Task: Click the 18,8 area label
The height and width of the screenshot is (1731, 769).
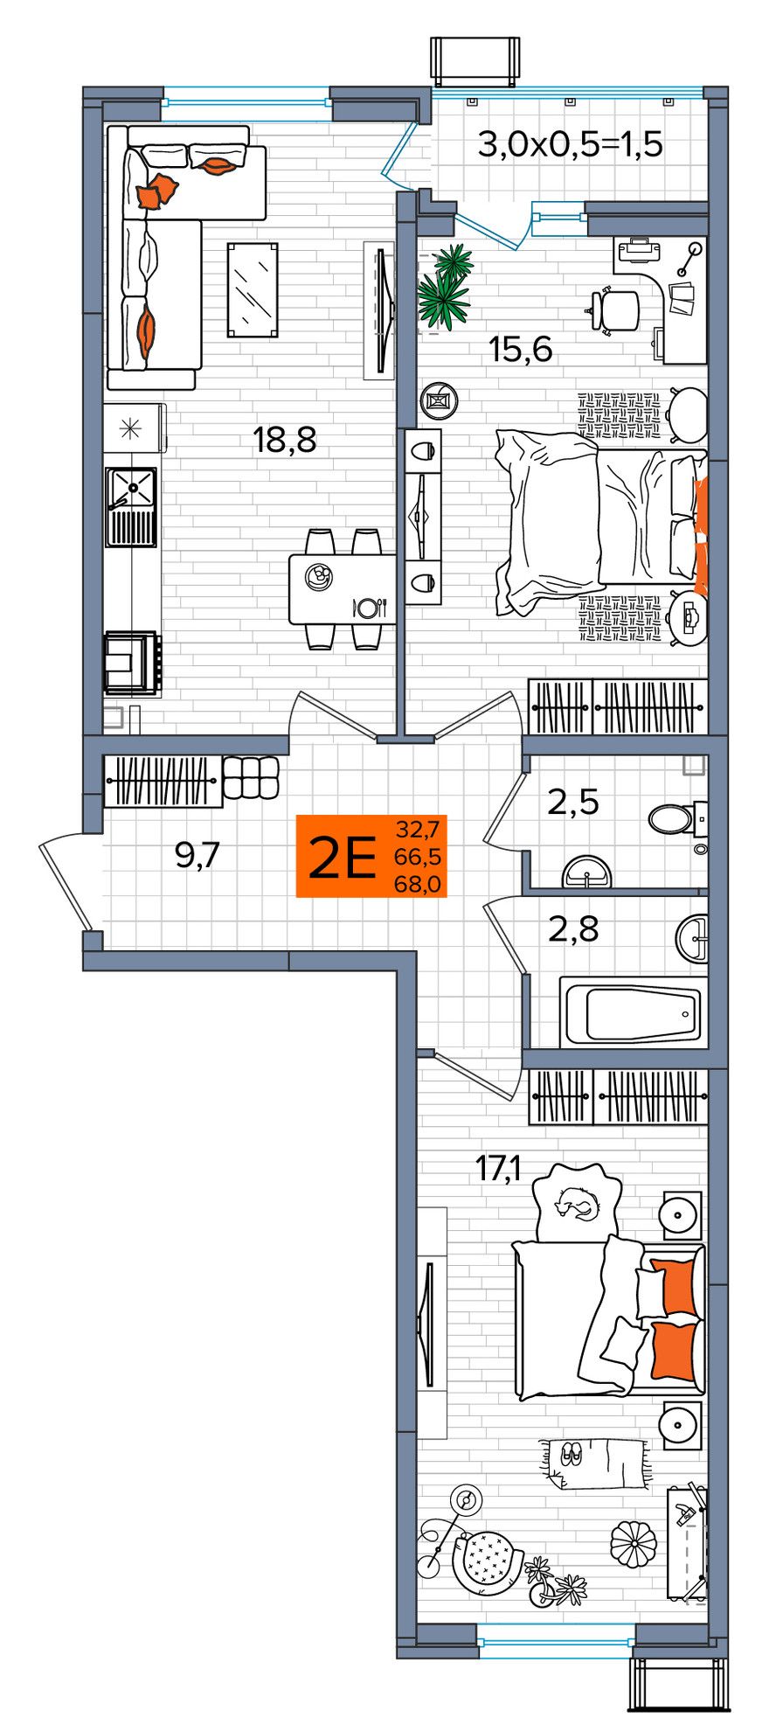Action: point(285,439)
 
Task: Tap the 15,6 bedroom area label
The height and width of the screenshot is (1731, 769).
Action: point(521,350)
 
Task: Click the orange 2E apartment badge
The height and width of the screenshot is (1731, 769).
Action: point(371,856)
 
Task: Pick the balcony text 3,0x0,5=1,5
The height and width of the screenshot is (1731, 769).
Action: point(571,143)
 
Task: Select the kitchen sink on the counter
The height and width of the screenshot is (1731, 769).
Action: point(131,505)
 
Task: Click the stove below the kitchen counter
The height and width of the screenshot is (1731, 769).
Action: point(131,663)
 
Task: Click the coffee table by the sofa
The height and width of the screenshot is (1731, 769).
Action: point(253,289)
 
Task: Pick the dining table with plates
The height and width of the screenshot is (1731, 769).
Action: point(342,588)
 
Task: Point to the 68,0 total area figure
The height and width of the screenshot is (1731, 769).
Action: point(419,884)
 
